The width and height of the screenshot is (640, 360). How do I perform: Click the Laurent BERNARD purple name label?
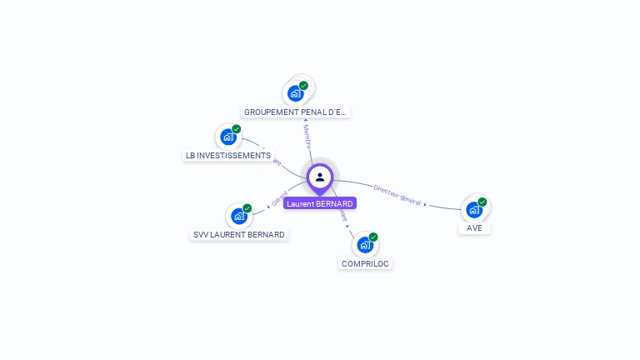(x=320, y=203)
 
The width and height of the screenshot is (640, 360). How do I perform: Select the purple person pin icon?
(x=320, y=177)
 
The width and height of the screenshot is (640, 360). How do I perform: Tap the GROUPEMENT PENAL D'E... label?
(x=296, y=112)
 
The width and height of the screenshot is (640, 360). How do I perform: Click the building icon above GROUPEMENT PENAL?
(x=296, y=92)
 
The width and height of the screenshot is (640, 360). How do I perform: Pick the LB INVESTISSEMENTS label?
(x=228, y=155)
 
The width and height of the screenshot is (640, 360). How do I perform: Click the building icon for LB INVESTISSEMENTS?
(x=228, y=137)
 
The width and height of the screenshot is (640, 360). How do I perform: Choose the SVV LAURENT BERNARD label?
(x=239, y=235)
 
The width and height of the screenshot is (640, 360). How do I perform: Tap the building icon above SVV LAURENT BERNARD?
(x=239, y=216)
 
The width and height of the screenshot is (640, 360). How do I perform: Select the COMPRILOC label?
(x=365, y=263)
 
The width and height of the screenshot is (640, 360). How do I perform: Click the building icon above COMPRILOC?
(x=365, y=245)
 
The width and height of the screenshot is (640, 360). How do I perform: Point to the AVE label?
(x=474, y=227)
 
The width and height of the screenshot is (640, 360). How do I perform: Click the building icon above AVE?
(x=474, y=209)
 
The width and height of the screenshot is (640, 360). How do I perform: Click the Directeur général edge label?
(x=397, y=195)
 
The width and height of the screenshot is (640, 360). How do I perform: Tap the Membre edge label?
(x=307, y=137)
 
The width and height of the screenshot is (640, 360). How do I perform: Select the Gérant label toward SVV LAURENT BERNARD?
(x=280, y=198)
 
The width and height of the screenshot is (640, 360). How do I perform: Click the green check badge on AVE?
(x=482, y=202)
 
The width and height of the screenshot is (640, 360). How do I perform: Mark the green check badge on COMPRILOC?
(x=373, y=237)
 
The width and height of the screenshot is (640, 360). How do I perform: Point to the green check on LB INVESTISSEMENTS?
(x=237, y=129)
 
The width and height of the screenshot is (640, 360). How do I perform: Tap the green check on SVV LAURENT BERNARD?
(x=247, y=208)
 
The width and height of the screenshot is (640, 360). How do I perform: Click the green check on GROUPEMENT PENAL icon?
(x=304, y=85)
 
